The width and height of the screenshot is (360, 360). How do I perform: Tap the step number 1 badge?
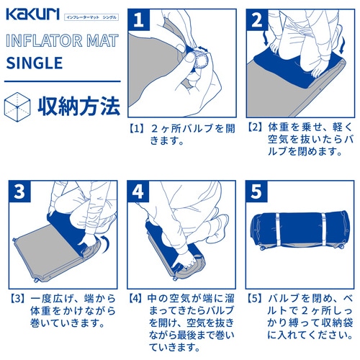[140, 20]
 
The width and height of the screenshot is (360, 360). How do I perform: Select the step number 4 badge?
[140, 192]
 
